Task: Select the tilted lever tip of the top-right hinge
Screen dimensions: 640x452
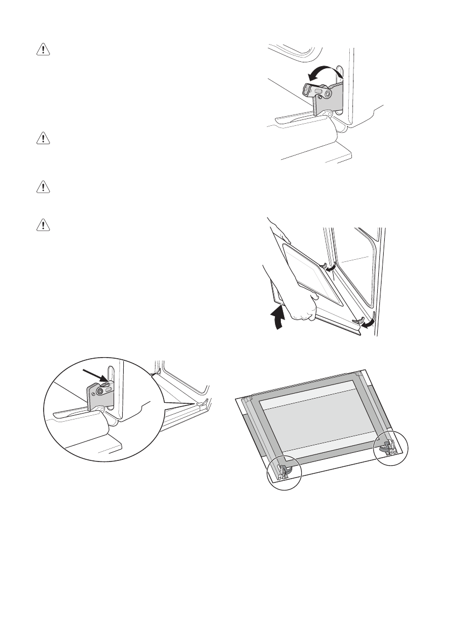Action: click(310, 88)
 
